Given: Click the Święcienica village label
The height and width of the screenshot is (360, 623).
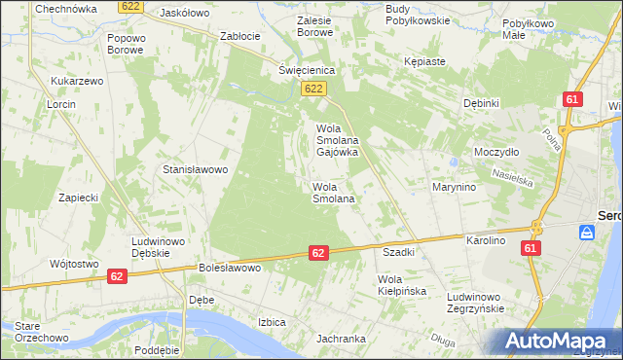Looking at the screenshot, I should click(307, 70).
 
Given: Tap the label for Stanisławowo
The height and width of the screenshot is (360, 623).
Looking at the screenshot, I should click(195, 169).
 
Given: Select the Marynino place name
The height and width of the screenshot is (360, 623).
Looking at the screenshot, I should click(454, 187).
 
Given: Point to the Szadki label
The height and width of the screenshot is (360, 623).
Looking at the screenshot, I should click(399, 251).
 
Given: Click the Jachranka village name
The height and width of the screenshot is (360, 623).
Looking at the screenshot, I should click(340, 339).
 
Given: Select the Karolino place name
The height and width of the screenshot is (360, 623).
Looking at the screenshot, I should click(486, 239).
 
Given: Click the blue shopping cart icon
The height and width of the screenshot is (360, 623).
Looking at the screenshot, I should click(586, 233).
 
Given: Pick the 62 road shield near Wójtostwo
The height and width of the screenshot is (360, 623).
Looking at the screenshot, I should click(116, 277).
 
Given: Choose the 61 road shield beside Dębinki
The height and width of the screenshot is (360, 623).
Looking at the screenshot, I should click(572, 99).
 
